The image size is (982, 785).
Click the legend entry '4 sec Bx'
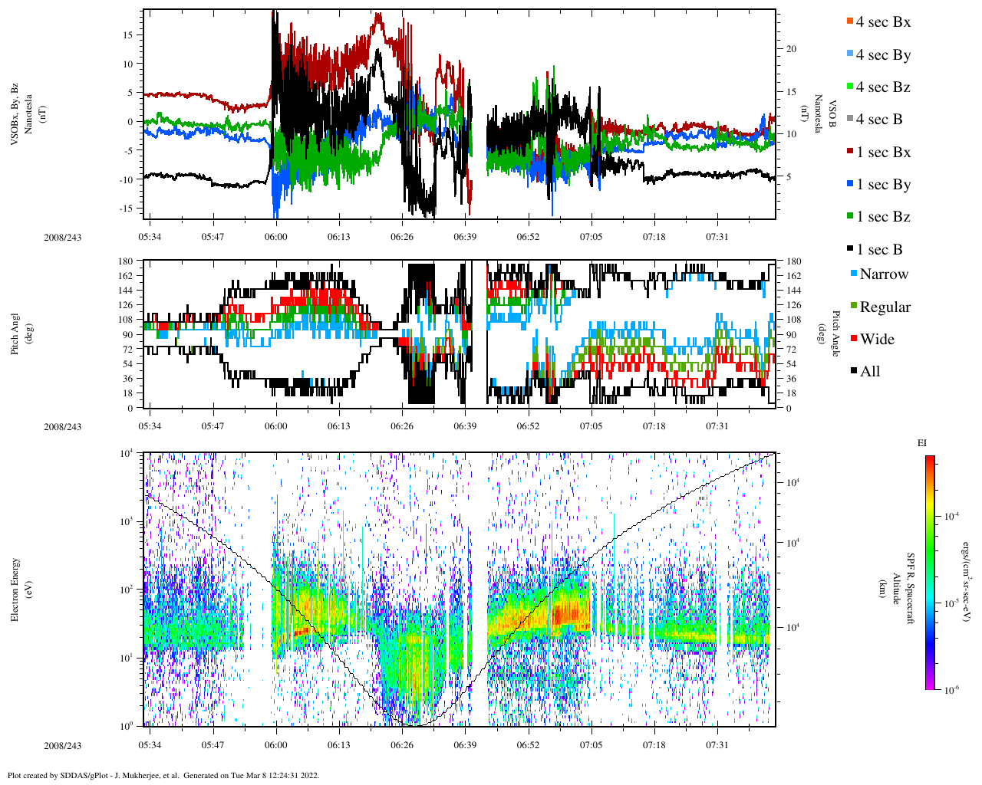[882, 22]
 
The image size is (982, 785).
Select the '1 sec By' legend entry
[882, 185]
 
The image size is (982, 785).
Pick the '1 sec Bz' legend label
[882, 217]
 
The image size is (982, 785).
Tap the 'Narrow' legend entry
[883, 274]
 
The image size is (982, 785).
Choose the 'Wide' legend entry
[876, 339]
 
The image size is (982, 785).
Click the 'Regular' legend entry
[885, 307]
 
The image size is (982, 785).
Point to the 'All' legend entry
[869, 372]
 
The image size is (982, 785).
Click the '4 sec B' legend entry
[878, 120]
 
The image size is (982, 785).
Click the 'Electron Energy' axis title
[15, 590]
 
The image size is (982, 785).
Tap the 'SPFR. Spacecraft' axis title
[911, 589]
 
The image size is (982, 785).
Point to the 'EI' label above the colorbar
[921, 443]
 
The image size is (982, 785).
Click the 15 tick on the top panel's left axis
[129, 34]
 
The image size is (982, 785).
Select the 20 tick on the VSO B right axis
[791, 49]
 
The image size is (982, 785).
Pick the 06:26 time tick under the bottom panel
[401, 745]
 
